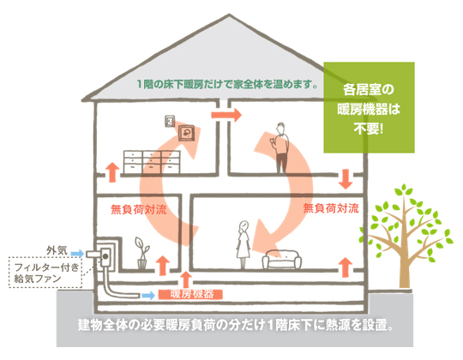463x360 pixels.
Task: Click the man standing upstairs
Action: tap(281, 147)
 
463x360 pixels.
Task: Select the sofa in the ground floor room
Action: tap(282, 260)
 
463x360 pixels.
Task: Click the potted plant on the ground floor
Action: tap(142, 253)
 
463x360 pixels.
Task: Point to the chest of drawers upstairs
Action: tap(152, 162)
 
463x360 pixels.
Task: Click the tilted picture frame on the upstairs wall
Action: tap(187, 134)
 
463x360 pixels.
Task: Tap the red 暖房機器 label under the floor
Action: tap(190, 294)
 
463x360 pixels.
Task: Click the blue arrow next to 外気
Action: tap(77, 253)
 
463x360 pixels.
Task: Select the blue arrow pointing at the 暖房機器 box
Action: tap(148, 295)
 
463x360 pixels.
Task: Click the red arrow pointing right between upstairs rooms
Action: tap(226, 115)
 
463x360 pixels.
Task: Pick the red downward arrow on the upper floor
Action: tap(346, 179)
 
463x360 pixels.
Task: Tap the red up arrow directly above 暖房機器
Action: tap(186, 279)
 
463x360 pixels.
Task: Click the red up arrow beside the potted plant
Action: tap(162, 266)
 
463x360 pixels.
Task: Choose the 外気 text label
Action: tap(57, 251)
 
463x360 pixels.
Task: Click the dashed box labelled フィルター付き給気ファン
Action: tap(45, 273)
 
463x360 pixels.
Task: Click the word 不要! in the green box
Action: tap(368, 129)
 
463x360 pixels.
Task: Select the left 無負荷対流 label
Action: tap(139, 209)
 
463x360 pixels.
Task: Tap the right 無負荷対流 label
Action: tap(331, 208)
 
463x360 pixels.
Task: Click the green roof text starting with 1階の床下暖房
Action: tap(228, 84)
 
